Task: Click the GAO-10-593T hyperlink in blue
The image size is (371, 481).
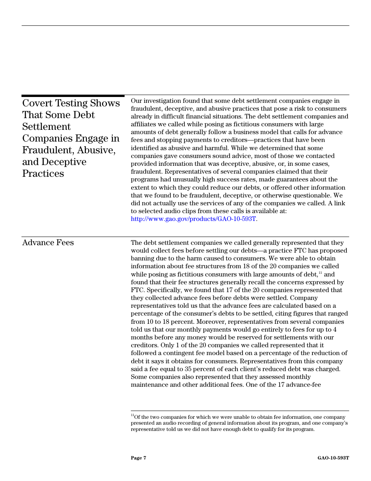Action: pos(194,219)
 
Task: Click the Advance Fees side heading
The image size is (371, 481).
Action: pos(48,243)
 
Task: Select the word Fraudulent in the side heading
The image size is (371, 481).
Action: pos(47,150)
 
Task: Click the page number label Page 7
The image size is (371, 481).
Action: pos(138,458)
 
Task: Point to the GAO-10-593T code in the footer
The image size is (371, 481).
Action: pos(333,458)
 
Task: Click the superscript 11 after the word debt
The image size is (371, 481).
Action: pos(320,273)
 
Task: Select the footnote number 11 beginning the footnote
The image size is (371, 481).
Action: pos(132,416)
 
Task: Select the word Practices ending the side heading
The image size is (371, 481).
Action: pos(43,174)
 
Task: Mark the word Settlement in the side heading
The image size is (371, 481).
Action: pos(46,127)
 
